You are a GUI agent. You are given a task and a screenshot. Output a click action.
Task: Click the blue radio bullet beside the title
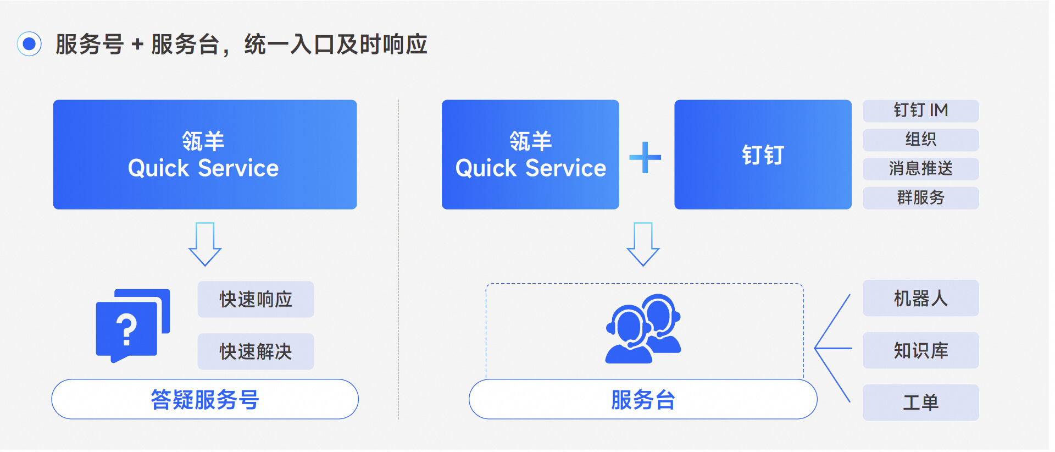pyautogui.click(x=29, y=44)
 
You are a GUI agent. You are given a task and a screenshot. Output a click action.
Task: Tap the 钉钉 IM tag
pyautogui.click(x=920, y=111)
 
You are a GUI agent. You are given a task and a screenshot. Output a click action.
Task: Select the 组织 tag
pyautogui.click(x=920, y=140)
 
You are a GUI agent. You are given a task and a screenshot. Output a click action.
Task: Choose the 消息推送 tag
pyautogui.click(x=920, y=169)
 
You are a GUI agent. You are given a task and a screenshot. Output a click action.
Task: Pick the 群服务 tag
pyautogui.click(x=920, y=198)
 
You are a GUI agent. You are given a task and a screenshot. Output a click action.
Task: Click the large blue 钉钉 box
pyautogui.click(x=763, y=155)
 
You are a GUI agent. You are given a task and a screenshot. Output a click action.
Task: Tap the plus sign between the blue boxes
pyautogui.click(x=645, y=157)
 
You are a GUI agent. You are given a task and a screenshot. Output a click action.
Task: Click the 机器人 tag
pyautogui.click(x=920, y=298)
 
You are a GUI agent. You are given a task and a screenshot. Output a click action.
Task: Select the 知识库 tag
pyautogui.click(x=920, y=350)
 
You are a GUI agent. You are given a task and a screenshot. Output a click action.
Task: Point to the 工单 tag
pyautogui.click(x=920, y=403)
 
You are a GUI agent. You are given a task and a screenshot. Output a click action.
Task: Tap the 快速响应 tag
pyautogui.click(x=256, y=299)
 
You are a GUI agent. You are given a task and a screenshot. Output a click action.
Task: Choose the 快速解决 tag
pyautogui.click(x=256, y=351)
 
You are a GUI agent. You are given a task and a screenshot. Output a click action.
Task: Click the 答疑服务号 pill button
pyautogui.click(x=205, y=399)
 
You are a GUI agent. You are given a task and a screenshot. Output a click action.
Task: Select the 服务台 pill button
pyautogui.click(x=643, y=399)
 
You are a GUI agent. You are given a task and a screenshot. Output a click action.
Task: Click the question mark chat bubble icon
pyautogui.click(x=133, y=326)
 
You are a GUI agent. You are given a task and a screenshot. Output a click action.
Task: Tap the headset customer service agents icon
pyautogui.click(x=643, y=329)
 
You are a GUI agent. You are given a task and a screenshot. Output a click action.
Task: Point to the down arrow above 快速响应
pyautogui.click(x=205, y=244)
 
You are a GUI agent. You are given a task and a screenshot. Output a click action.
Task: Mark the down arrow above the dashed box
pyautogui.click(x=643, y=244)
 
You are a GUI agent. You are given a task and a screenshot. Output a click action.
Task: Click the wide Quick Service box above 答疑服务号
pyautogui.click(x=205, y=155)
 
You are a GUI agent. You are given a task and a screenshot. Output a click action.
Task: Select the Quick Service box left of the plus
pyautogui.click(x=530, y=155)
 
